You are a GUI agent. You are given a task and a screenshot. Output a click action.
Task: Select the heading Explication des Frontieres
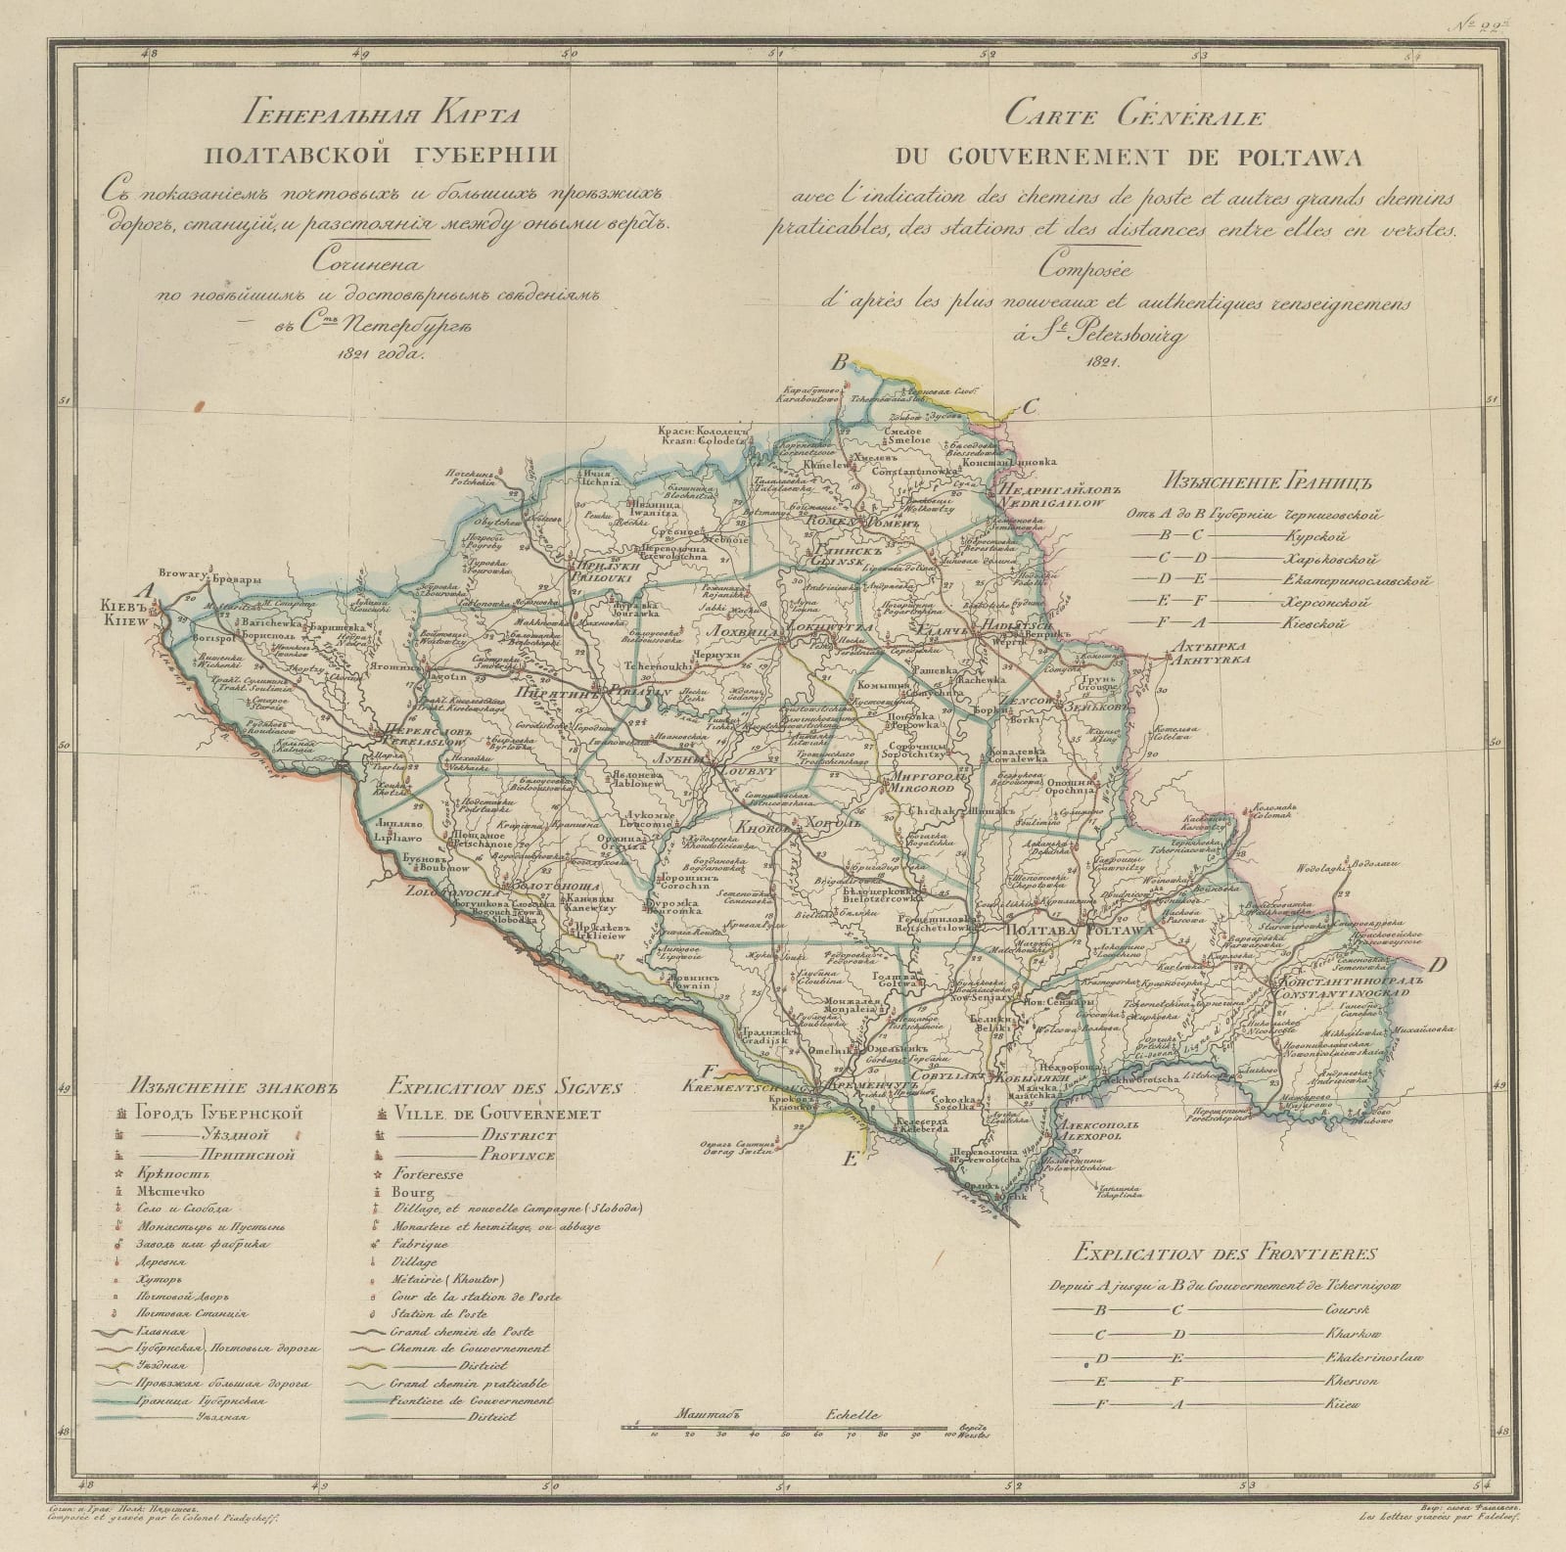pyautogui.click(x=1224, y=1252)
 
